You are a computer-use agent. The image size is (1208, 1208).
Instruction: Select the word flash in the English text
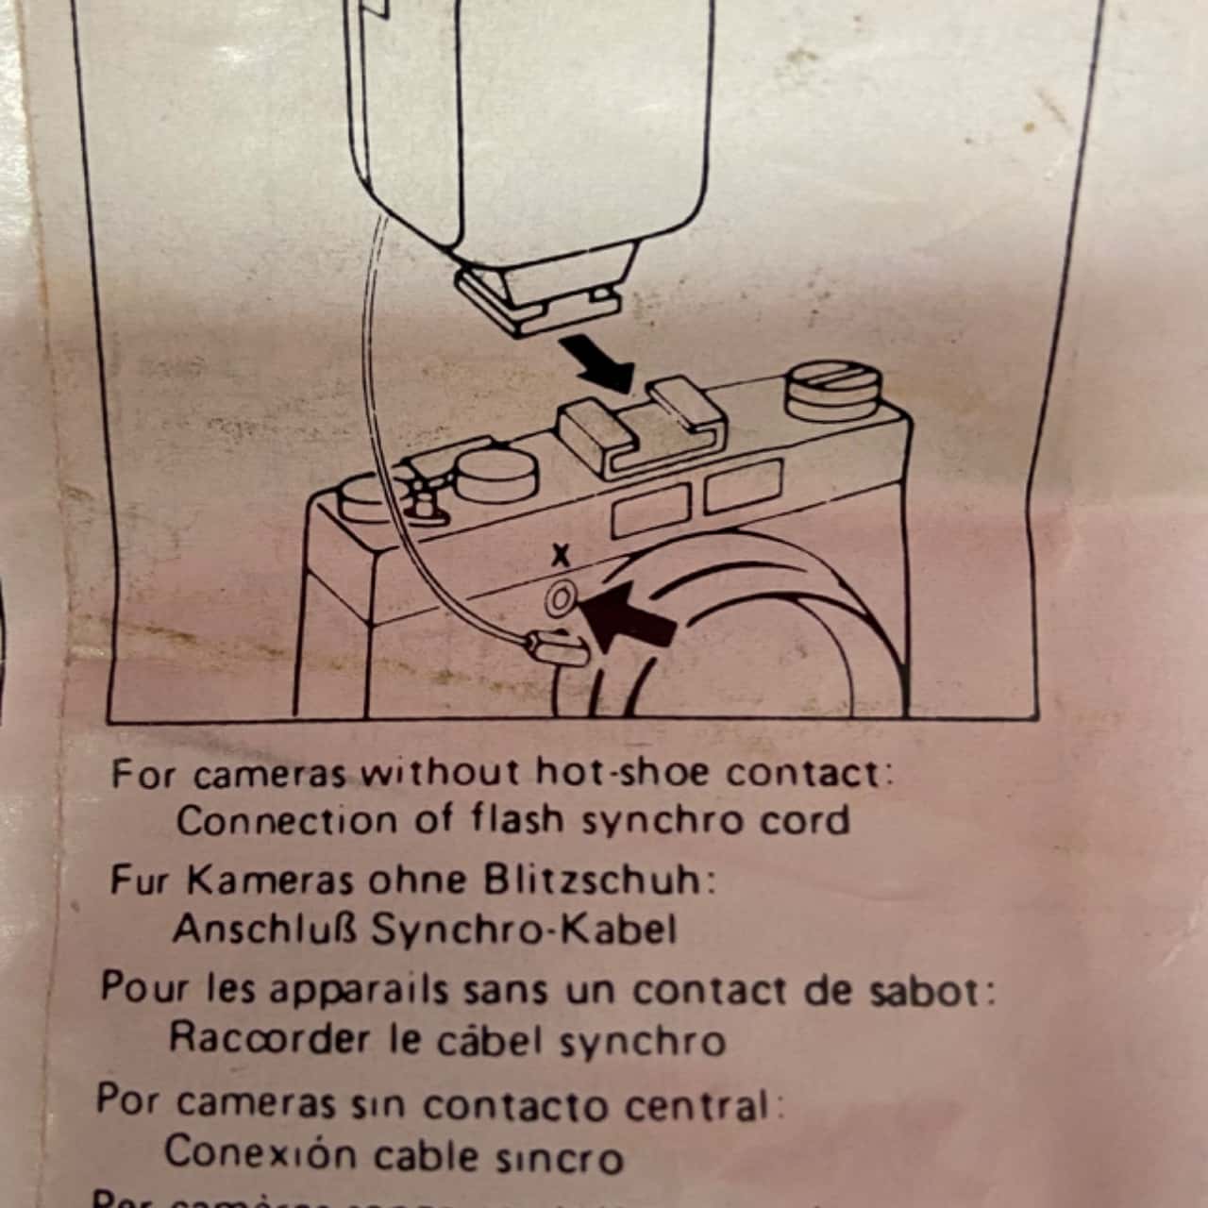(x=519, y=819)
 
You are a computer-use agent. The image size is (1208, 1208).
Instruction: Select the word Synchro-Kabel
(x=525, y=930)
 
